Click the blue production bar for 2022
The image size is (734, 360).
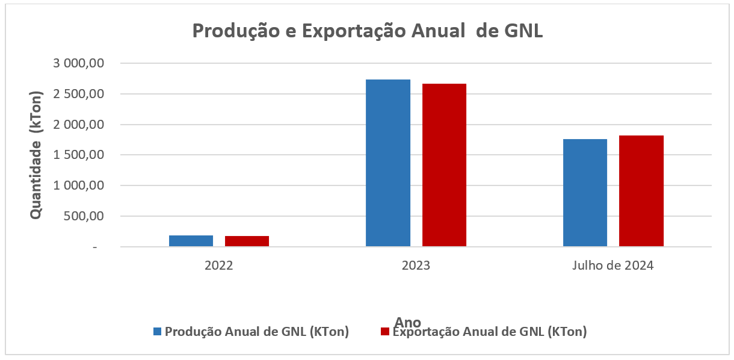pyautogui.click(x=191, y=240)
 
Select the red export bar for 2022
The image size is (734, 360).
pyautogui.click(x=247, y=241)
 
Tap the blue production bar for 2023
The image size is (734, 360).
pyautogui.click(x=388, y=163)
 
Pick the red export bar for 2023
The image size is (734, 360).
pyautogui.click(x=444, y=165)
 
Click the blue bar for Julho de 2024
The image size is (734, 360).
pyautogui.click(x=585, y=193)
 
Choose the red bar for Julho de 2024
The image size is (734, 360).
pyautogui.click(x=641, y=191)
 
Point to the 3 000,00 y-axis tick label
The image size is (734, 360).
pyautogui.click(x=80, y=63)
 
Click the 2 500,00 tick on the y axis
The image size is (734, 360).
pyautogui.click(x=80, y=94)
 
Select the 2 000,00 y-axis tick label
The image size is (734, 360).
pyautogui.click(x=80, y=125)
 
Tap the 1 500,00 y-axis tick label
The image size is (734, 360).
pyautogui.click(x=80, y=155)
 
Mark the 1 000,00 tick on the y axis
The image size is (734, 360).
pyautogui.click(x=80, y=185)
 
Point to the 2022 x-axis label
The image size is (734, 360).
pyautogui.click(x=219, y=265)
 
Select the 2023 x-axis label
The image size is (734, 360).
pyautogui.click(x=416, y=265)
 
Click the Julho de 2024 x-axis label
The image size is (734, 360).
pyautogui.click(x=613, y=265)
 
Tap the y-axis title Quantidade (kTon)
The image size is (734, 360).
pyautogui.click(x=36, y=155)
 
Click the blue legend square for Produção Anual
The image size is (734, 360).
pyautogui.click(x=158, y=331)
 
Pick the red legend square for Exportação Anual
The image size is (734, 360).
pyautogui.click(x=385, y=331)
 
